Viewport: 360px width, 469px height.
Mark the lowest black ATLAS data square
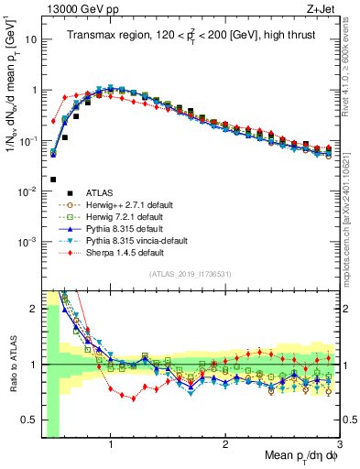coord(53,180)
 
